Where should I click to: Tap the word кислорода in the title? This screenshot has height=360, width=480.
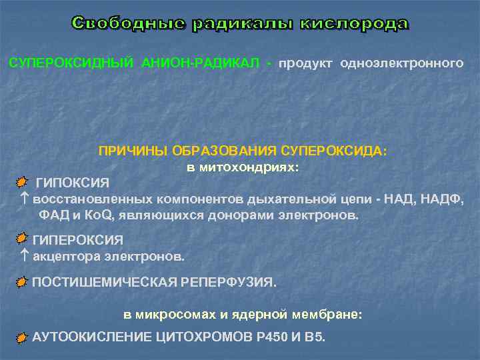pos(353,25)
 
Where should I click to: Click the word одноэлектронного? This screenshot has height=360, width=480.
pos(401,63)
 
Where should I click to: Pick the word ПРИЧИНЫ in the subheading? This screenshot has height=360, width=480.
pos(133,151)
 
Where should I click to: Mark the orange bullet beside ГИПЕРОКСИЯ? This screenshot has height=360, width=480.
pos(22,239)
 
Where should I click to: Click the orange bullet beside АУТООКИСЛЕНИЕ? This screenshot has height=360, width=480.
pos(22,337)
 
